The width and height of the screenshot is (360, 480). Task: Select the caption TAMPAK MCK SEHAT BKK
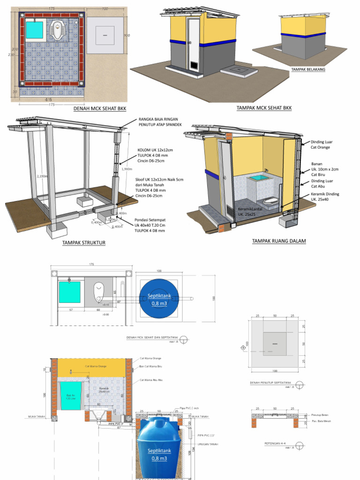click(264, 108)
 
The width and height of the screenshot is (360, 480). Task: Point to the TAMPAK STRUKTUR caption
click(83, 243)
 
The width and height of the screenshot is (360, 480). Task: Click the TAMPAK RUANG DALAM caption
click(279, 241)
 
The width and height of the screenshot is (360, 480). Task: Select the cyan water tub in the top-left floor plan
click(35, 30)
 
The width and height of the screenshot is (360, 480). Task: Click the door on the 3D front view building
click(192, 46)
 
